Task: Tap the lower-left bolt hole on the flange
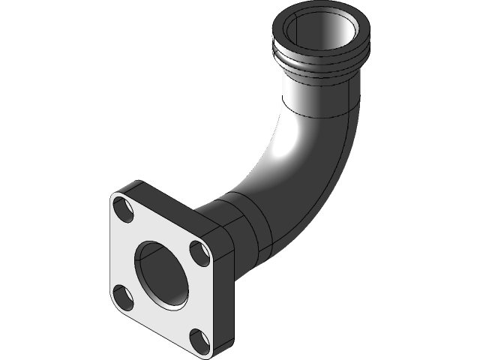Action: [122, 295]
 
